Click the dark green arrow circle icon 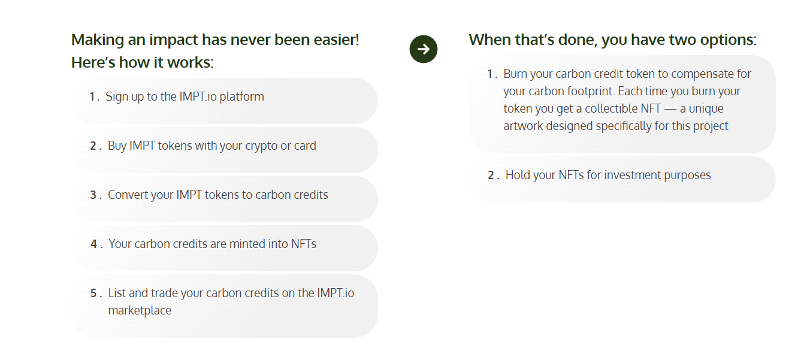click(424, 49)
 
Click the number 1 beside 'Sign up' click(93, 97)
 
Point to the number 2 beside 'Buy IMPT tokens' click(93, 146)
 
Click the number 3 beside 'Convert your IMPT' click(93, 195)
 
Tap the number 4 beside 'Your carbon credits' click(93, 244)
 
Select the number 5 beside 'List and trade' click(93, 294)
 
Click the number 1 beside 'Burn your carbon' click(490, 74)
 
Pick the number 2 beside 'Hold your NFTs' click(491, 176)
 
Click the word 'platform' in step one click(241, 97)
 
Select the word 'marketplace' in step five click(140, 311)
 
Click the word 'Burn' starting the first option click(517, 74)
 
